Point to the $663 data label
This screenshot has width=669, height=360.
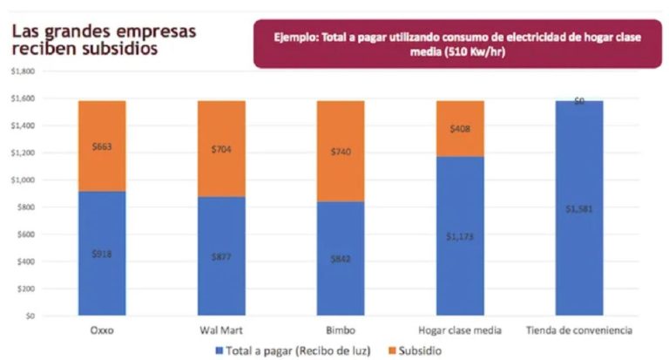[x=102, y=146]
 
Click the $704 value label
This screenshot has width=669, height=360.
[x=221, y=150]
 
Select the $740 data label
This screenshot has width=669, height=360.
[x=341, y=152]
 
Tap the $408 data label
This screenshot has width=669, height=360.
[x=460, y=129]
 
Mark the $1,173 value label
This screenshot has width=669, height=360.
[x=460, y=236]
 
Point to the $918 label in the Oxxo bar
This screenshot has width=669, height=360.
[x=102, y=254]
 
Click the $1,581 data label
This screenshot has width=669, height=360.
[x=579, y=209]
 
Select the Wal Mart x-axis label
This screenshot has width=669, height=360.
[x=221, y=329]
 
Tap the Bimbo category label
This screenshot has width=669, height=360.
[x=341, y=329]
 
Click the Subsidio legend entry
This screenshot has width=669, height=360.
[x=417, y=350]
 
